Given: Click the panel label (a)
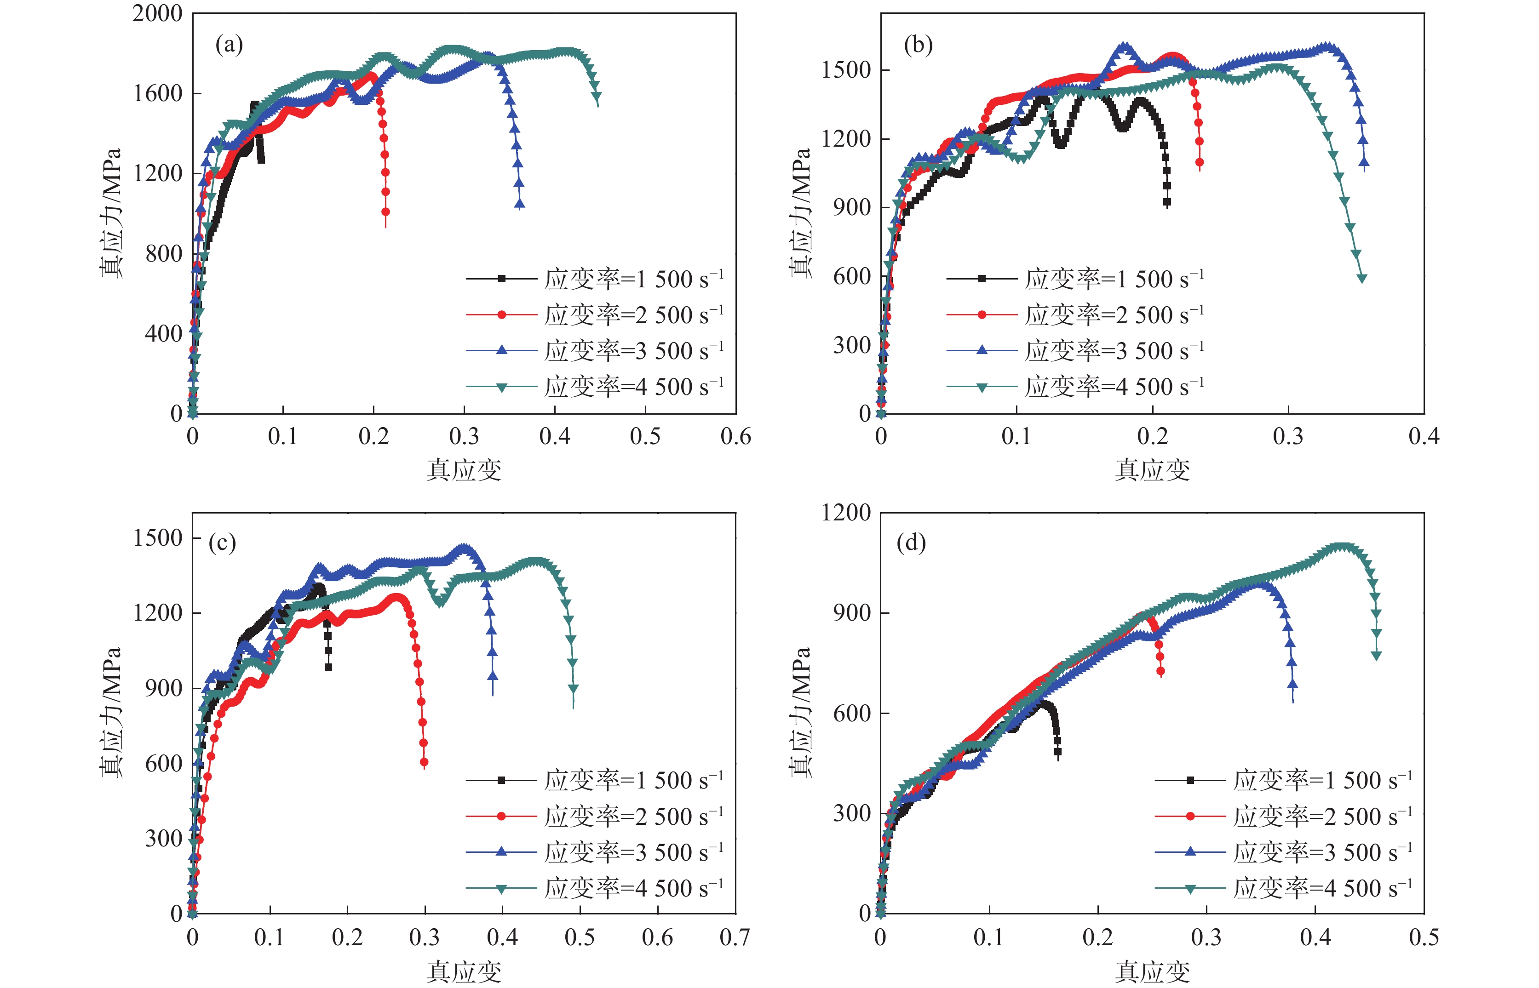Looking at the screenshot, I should point(229,45).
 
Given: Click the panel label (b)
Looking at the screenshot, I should point(918,45).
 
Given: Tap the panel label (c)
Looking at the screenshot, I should point(222,543).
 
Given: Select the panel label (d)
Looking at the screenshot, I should point(911,543).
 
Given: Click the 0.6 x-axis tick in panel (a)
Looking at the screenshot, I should point(735,437).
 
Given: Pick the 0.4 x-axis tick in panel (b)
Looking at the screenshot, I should point(1424,437).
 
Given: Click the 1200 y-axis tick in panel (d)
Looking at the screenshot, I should point(846,513).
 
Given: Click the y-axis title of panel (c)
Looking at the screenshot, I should point(111,712).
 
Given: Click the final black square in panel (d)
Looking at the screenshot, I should point(1058,752).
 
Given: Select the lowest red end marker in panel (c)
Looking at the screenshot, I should point(424,762).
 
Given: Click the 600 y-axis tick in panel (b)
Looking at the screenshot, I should point(852,276).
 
